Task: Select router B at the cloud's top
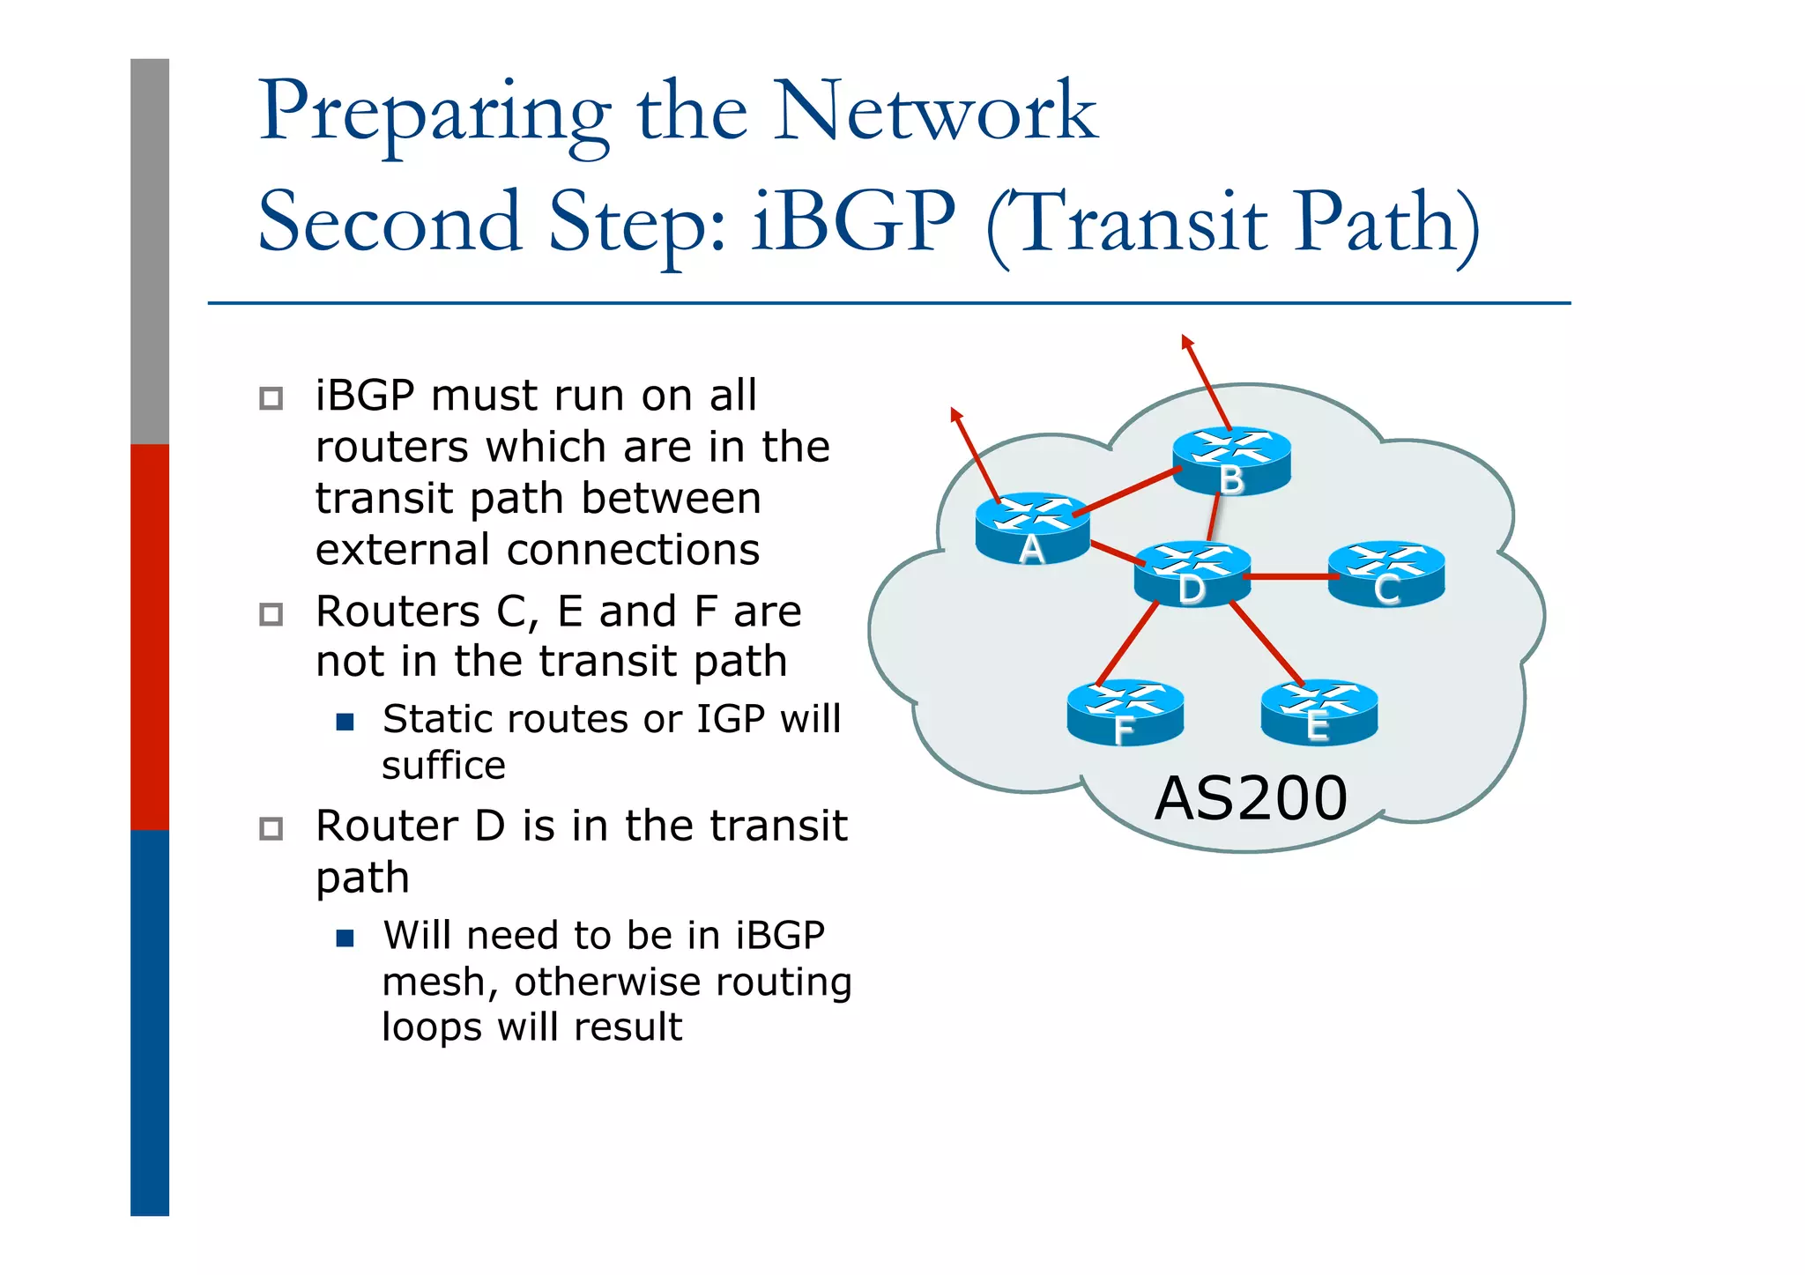pyautogui.click(x=1230, y=460)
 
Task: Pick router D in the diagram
pyautogui.click(x=1192, y=574)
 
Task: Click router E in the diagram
pyautogui.click(x=1318, y=712)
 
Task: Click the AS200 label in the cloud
pyautogui.click(x=1251, y=798)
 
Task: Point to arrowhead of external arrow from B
pyautogui.click(x=1186, y=340)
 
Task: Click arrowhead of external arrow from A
pyautogui.click(x=955, y=413)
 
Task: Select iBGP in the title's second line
pyautogui.click(x=853, y=222)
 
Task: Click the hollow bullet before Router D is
pyautogui.click(x=271, y=828)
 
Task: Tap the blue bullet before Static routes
pyautogui.click(x=345, y=723)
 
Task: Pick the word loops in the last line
pyautogui.click(x=431, y=1027)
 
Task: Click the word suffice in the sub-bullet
pyautogui.click(x=443, y=765)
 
